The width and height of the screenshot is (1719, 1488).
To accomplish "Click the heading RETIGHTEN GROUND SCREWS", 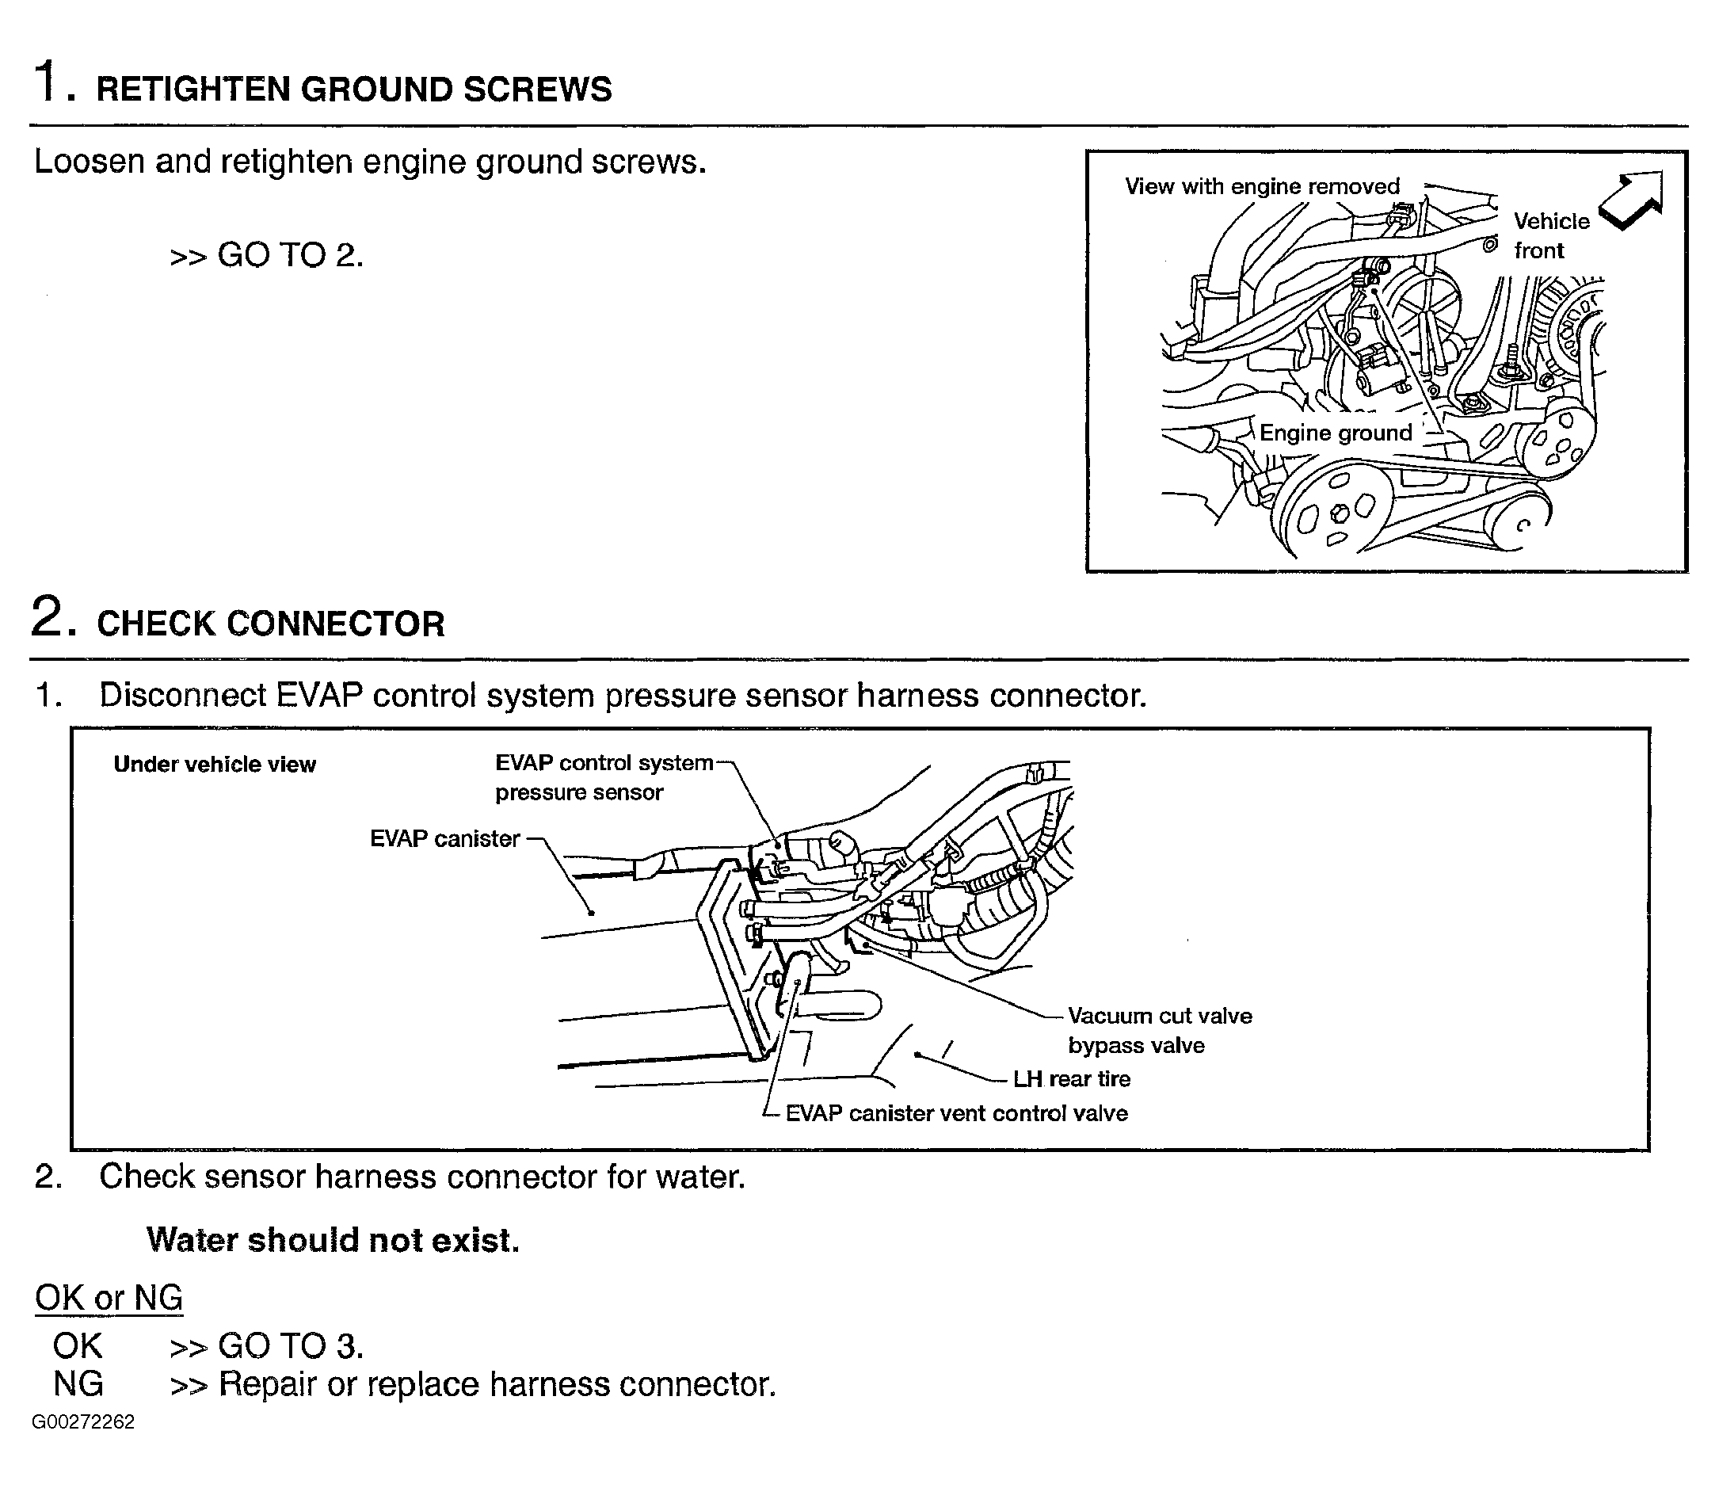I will tap(353, 89).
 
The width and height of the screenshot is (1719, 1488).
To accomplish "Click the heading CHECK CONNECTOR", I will tap(271, 624).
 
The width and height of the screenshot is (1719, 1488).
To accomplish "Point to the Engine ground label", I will tap(1335, 433).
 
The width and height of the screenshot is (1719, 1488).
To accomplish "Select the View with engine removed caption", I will tap(1262, 186).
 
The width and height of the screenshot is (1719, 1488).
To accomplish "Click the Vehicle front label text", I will tap(1550, 235).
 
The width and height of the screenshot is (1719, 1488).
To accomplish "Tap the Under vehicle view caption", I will tap(214, 764).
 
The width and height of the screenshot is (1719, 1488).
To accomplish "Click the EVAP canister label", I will tap(445, 838).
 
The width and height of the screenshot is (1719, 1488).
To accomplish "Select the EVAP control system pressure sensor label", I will tap(604, 777).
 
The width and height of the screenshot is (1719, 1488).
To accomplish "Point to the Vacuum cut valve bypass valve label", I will tap(1159, 1030).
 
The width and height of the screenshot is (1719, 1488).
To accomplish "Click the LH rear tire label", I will tap(1072, 1078).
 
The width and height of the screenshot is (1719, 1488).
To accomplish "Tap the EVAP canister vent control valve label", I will tap(956, 1113).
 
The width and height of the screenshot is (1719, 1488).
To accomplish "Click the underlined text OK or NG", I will tap(109, 1298).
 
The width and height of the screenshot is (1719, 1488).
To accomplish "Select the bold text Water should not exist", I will tap(333, 1240).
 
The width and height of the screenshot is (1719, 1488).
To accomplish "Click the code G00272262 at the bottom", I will tap(83, 1422).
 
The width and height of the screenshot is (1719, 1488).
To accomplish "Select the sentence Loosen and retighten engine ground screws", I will tap(370, 161).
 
